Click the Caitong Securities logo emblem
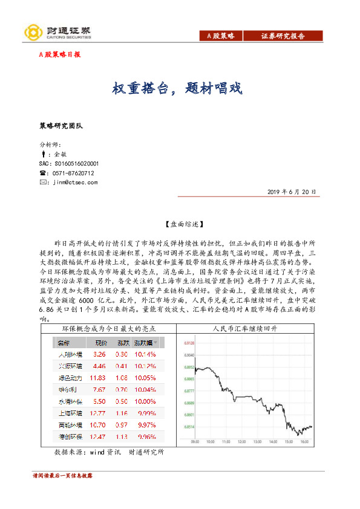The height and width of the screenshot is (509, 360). [31, 32]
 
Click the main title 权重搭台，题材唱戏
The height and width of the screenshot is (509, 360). [177, 89]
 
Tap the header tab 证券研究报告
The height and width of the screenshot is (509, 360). [283, 36]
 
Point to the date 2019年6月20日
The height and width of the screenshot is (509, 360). [292, 192]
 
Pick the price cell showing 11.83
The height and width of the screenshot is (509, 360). [97, 377]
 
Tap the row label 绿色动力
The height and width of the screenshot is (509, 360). [67, 377]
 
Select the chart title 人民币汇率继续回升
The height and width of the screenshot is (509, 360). [245, 329]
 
